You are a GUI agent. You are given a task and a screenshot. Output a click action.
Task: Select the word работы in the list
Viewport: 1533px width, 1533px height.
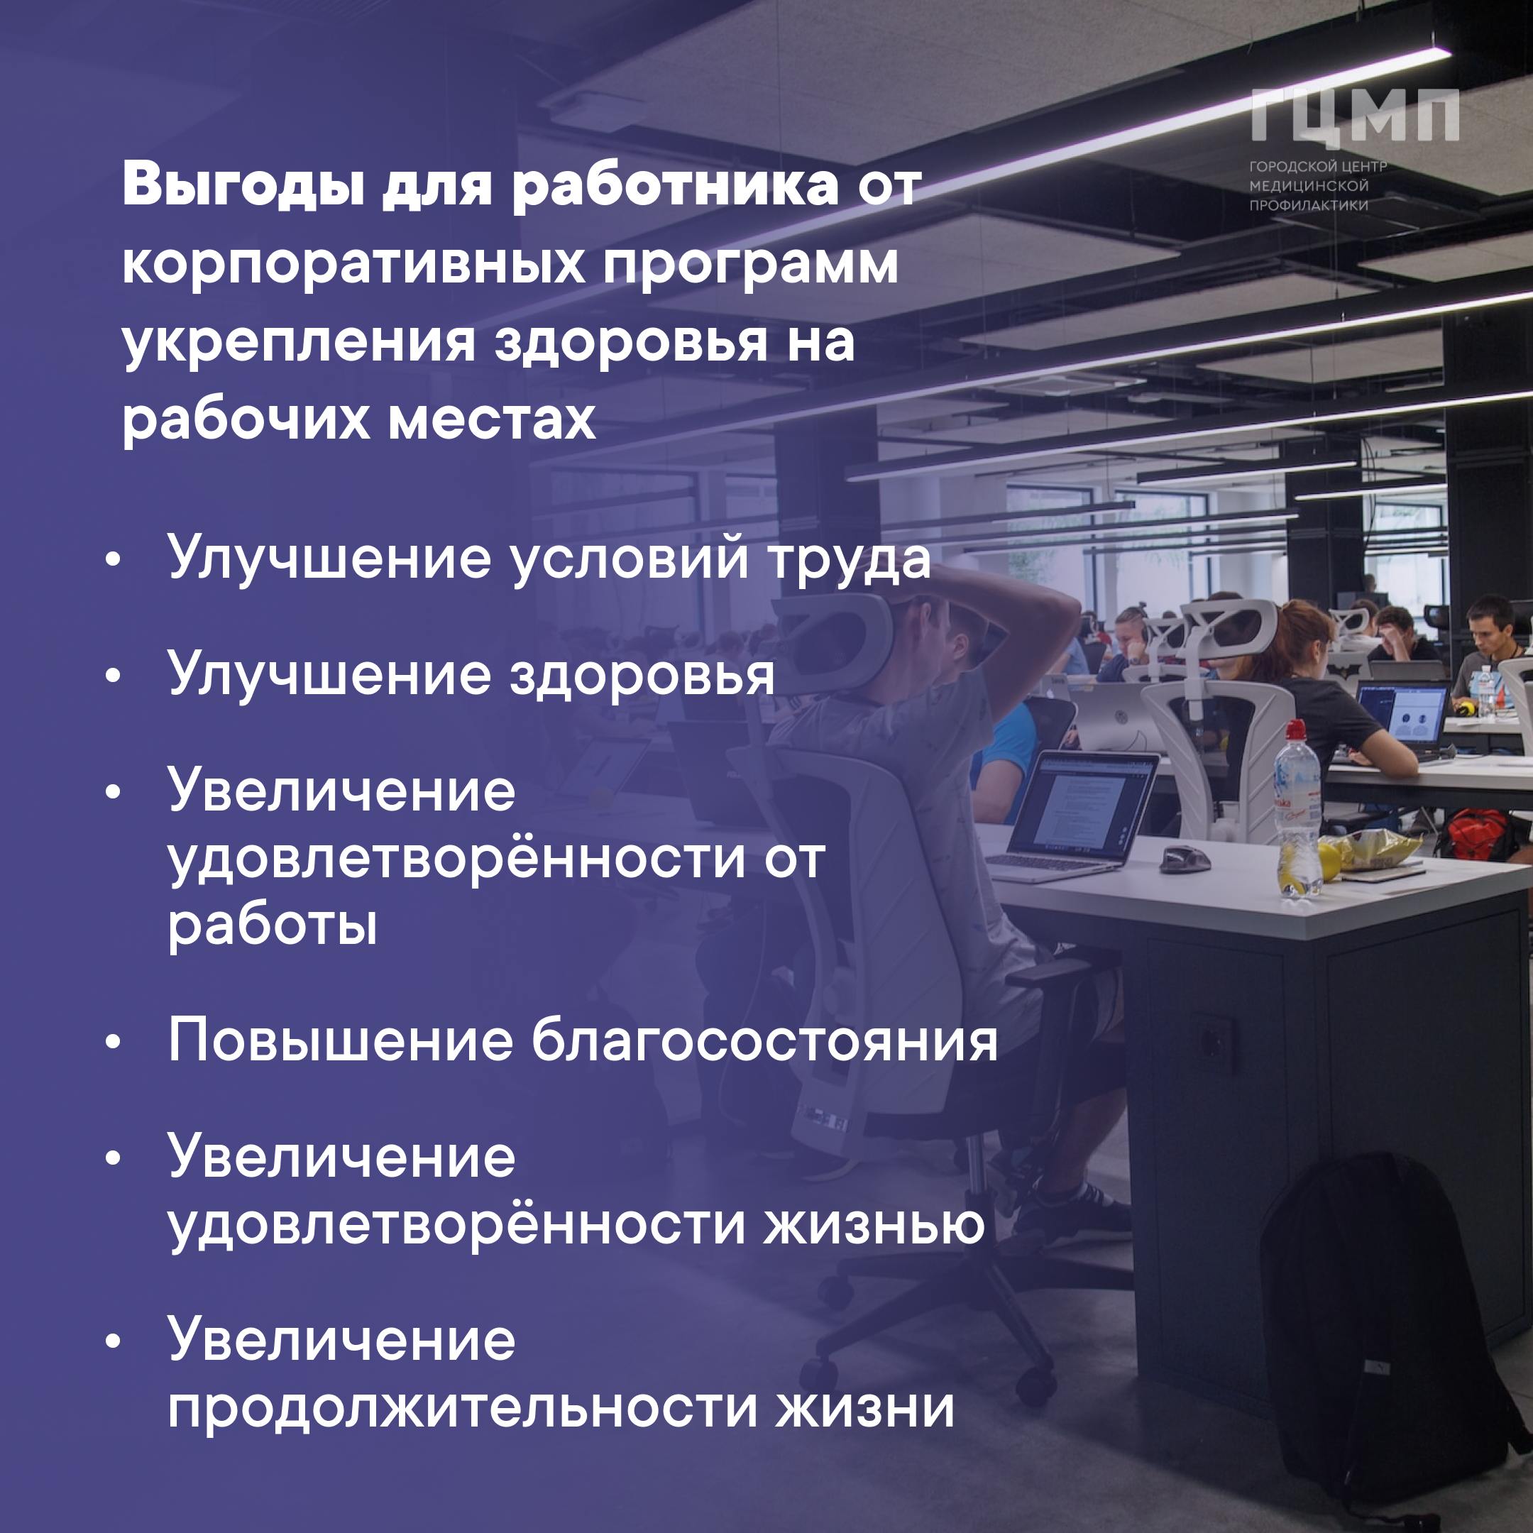[272, 924]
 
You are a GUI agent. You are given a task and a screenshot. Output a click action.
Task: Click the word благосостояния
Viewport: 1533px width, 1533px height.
[764, 1041]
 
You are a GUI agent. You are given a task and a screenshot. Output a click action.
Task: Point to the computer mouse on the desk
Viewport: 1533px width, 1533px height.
[1185, 859]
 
